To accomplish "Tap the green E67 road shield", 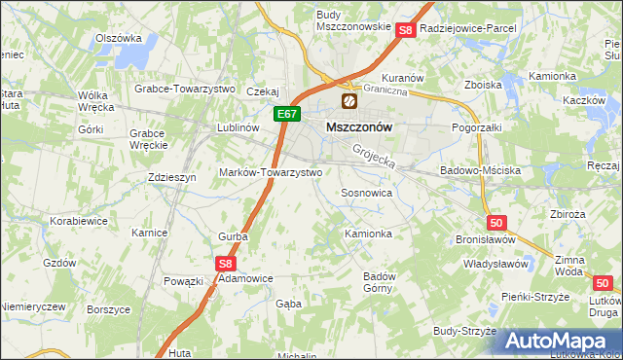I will pos(285,114).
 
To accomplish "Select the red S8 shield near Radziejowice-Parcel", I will pos(406,30).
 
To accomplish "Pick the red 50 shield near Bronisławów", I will pos(497,223).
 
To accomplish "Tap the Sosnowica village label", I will pos(366,193).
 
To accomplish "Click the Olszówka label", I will pos(112,39).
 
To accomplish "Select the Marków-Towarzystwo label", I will pos(282,171).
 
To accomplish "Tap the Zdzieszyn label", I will pos(172,177).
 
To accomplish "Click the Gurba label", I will pos(233,235).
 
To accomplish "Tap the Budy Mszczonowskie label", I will pos(352,20).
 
